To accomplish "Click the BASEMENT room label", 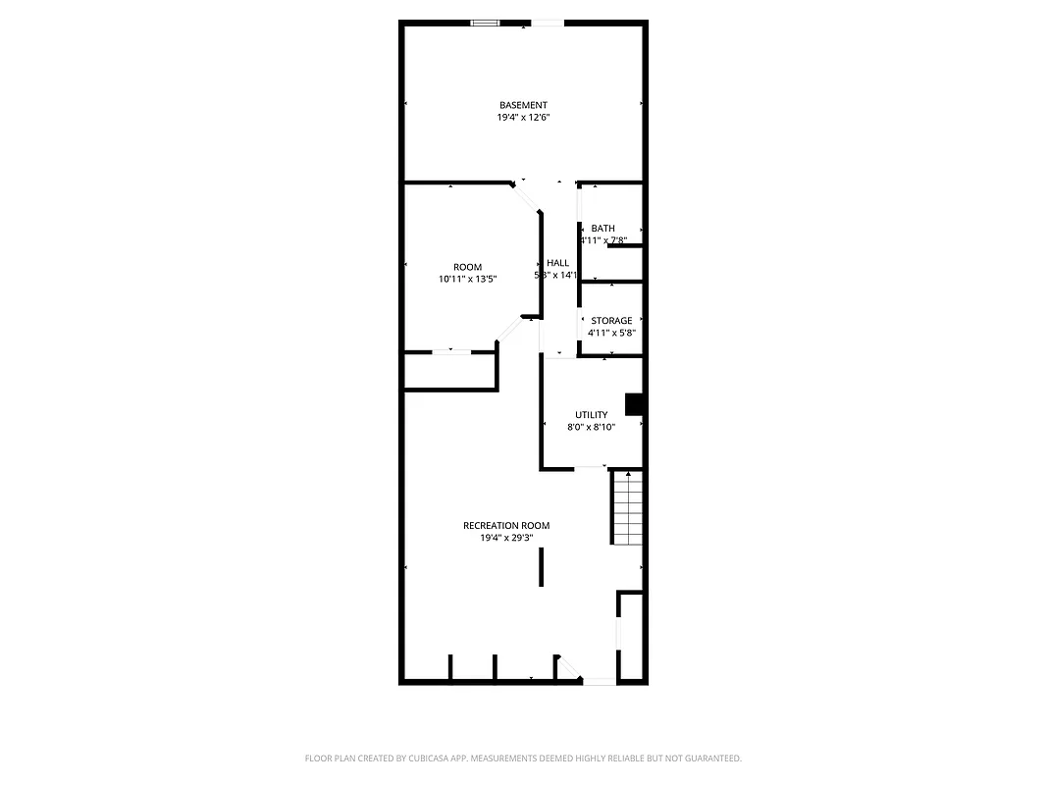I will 523,105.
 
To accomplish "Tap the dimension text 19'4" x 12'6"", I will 523,118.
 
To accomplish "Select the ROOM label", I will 467,267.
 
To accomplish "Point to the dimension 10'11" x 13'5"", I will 467,280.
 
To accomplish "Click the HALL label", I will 557,263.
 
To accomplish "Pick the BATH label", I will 602,229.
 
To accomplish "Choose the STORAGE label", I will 611,321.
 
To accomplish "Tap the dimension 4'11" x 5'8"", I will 611,334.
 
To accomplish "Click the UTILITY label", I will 592,415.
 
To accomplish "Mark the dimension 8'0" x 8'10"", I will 592,428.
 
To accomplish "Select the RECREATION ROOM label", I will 506,526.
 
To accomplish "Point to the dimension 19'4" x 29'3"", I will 506,539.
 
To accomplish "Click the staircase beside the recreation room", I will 627,508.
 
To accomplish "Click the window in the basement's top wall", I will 485,23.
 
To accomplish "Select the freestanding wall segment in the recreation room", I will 541,567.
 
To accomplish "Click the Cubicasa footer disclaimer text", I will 523,759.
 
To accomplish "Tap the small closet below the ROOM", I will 449,372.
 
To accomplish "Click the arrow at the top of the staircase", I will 627,475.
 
